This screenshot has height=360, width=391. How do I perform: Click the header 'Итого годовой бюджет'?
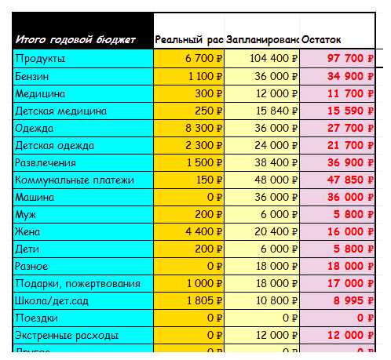(x=75, y=40)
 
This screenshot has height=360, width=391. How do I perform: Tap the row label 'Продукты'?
(x=40, y=58)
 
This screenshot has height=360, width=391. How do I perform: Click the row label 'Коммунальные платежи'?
(x=74, y=180)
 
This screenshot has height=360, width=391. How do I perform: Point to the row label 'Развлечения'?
(x=46, y=162)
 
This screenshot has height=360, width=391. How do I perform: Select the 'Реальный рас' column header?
(x=188, y=40)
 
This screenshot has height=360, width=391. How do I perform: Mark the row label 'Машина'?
(x=35, y=197)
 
